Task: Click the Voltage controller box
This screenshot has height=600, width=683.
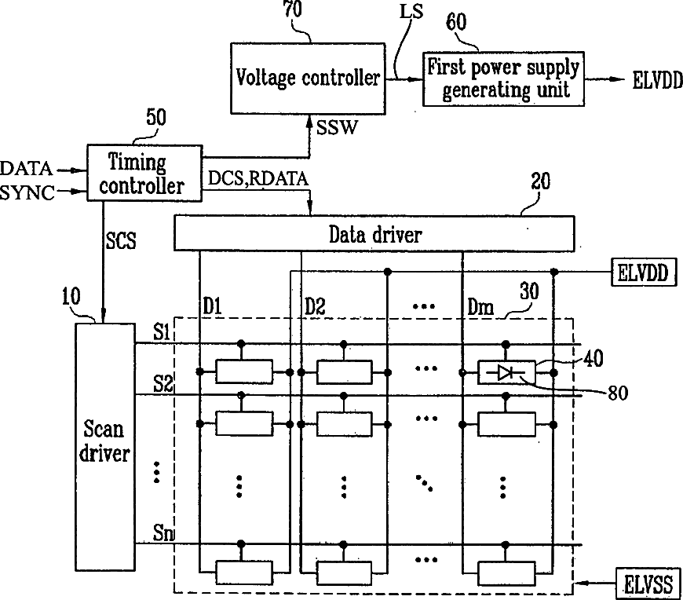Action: tap(308, 79)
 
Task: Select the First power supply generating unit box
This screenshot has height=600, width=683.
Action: tap(503, 79)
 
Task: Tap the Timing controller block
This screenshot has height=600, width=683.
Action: tap(144, 173)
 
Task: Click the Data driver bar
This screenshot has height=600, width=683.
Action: tap(374, 233)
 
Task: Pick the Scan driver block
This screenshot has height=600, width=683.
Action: tap(105, 447)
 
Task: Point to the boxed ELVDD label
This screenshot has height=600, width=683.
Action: tap(645, 273)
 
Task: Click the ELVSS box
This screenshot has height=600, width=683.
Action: tap(648, 583)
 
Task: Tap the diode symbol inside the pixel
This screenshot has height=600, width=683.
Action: tap(506, 372)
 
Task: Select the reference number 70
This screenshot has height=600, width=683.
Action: tap(293, 9)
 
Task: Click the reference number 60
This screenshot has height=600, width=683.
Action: tap(456, 22)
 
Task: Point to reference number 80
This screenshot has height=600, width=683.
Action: tap(618, 393)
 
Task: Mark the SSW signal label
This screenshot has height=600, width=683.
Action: tap(337, 128)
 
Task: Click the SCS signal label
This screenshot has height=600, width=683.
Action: tap(121, 240)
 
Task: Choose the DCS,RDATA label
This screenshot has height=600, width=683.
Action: tap(258, 178)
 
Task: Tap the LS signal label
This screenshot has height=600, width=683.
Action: tap(411, 12)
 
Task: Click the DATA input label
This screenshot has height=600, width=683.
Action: tap(26, 168)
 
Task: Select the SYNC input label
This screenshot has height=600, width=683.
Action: tap(27, 192)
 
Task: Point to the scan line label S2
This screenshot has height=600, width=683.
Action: tap(163, 384)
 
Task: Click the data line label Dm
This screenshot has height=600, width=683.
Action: tap(480, 307)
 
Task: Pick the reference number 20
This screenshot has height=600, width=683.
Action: tap(541, 181)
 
